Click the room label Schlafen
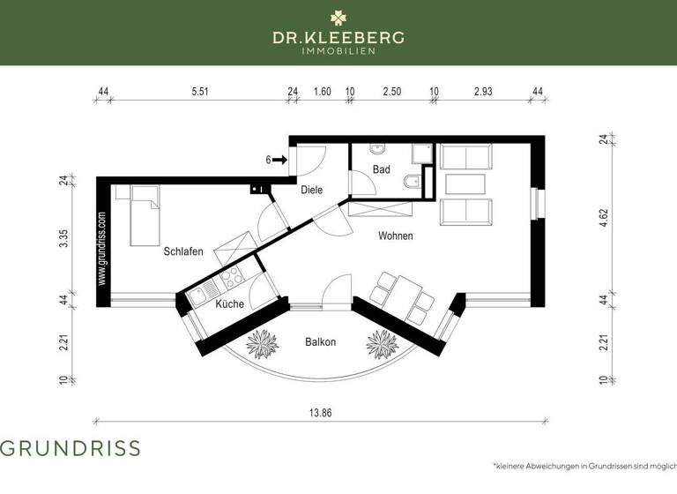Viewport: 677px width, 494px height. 183,251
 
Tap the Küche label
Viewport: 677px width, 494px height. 229,303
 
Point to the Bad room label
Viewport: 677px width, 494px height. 381,169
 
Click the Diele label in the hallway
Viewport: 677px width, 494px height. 311,190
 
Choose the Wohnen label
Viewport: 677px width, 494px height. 396,236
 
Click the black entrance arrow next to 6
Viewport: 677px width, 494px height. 280,160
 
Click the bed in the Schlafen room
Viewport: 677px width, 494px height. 145,215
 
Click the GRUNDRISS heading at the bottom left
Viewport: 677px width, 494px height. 71,447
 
